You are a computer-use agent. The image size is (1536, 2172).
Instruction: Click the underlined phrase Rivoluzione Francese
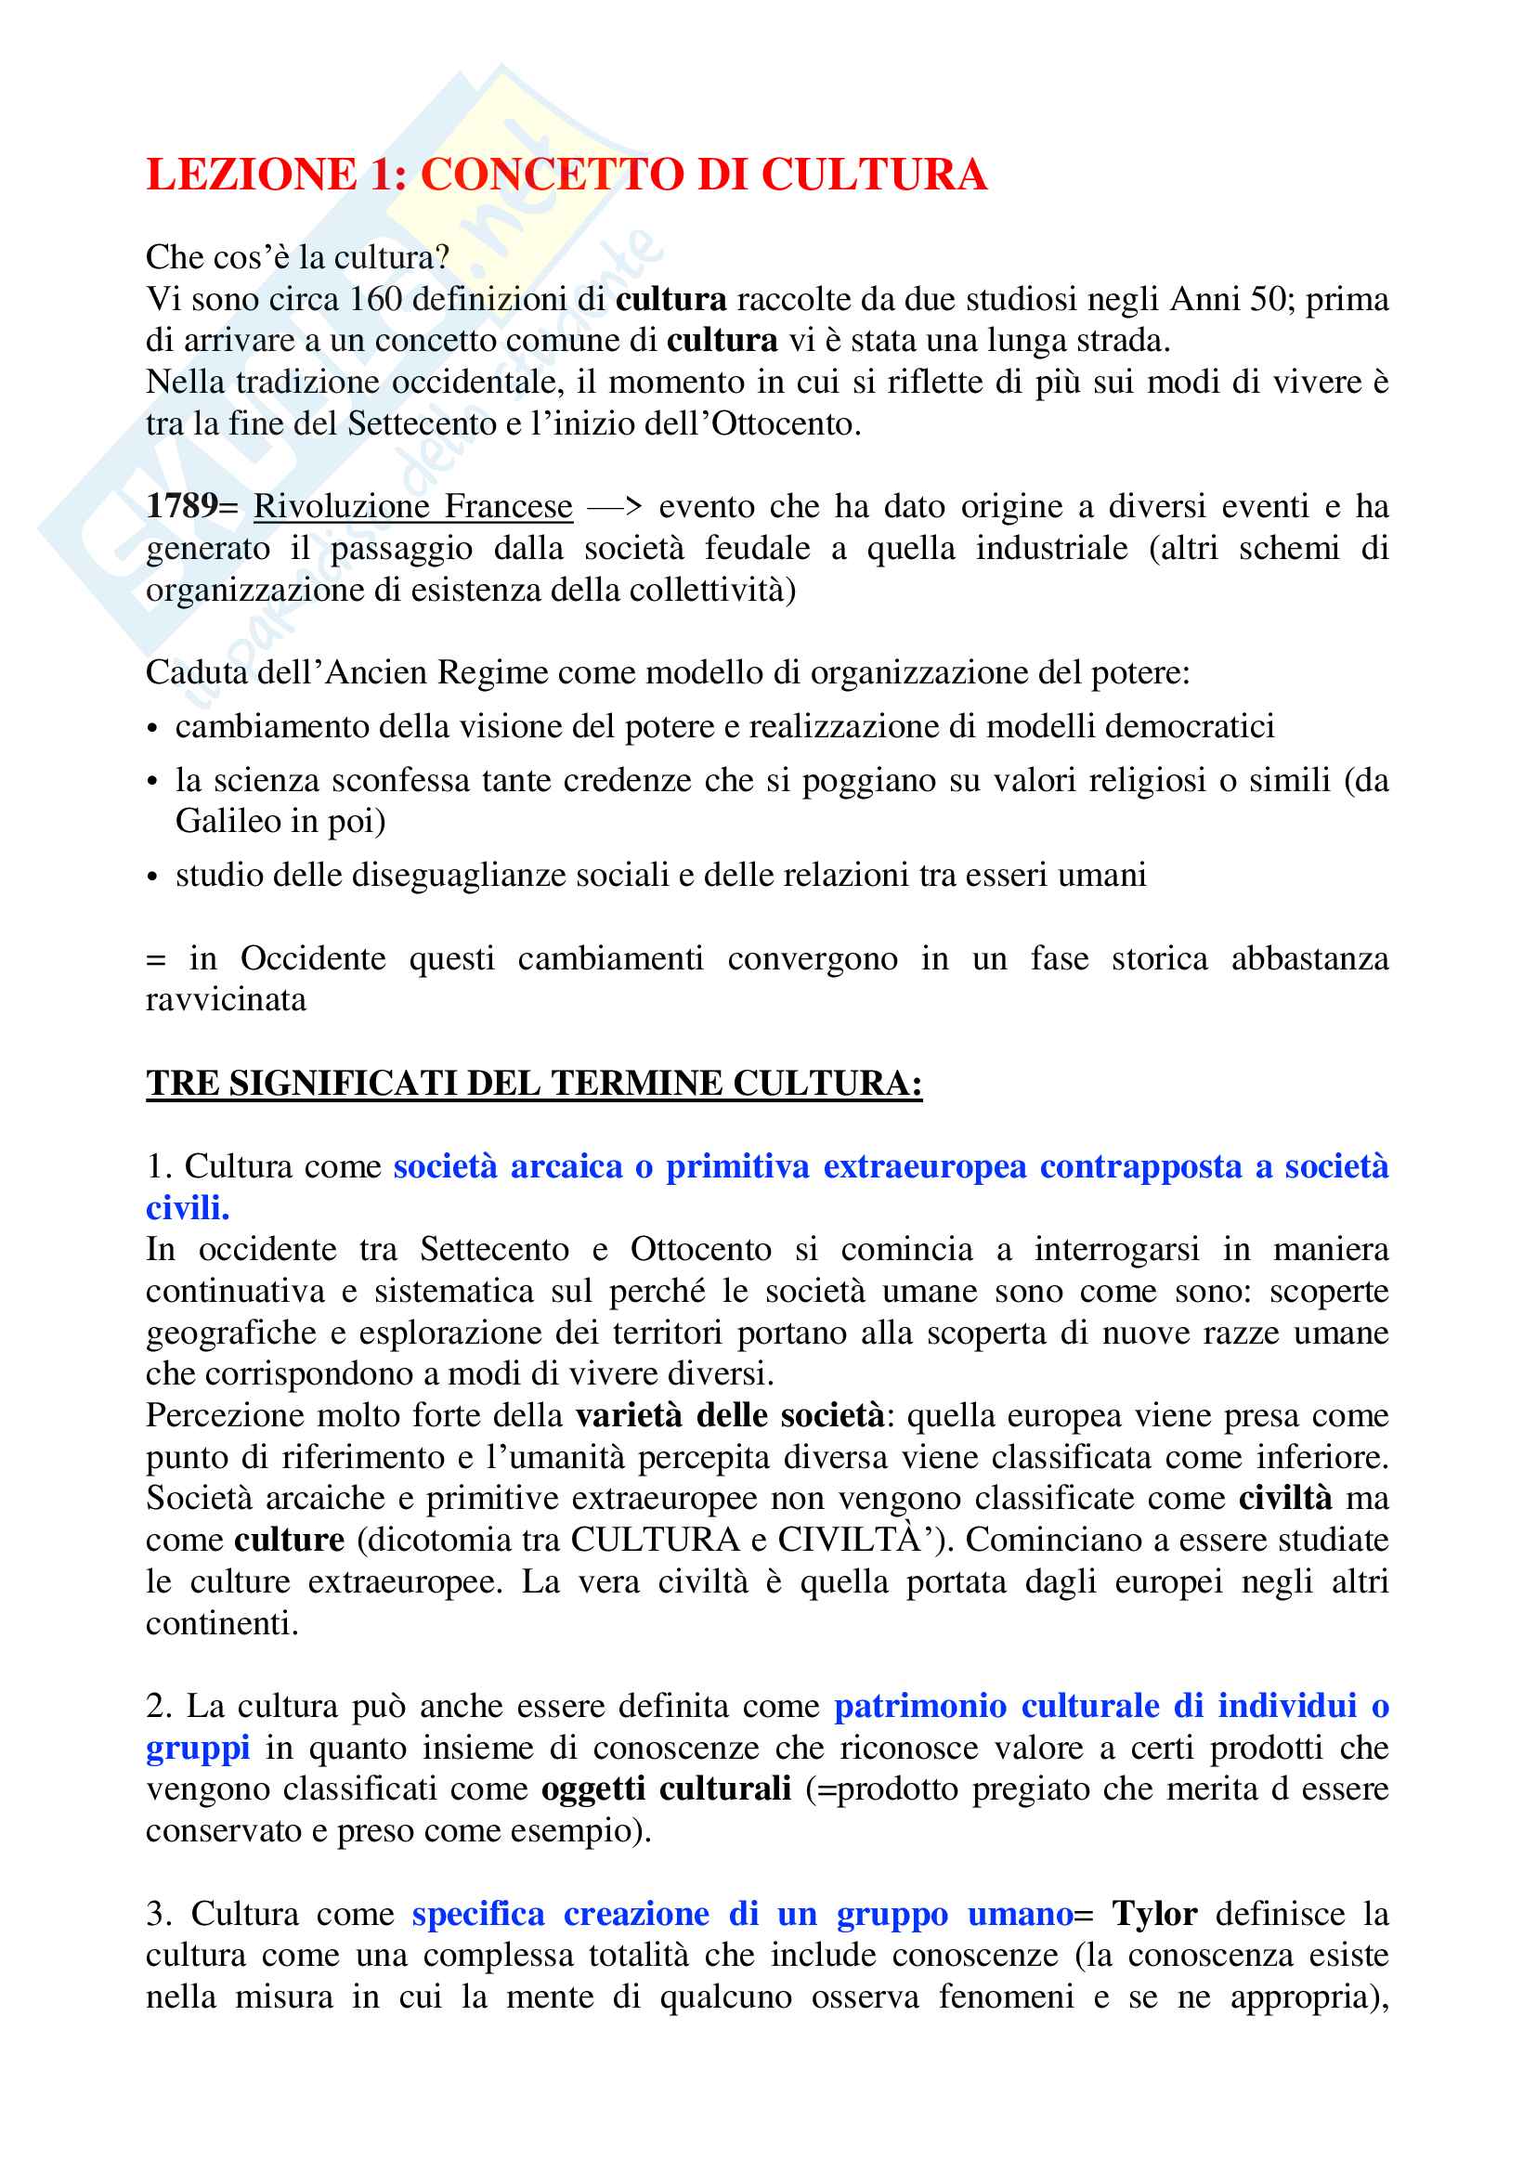(x=412, y=507)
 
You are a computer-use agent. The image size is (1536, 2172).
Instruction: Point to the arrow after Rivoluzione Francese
(x=615, y=508)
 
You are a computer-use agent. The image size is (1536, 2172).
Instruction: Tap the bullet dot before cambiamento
(x=152, y=729)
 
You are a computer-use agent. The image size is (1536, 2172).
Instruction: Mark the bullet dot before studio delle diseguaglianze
(x=152, y=878)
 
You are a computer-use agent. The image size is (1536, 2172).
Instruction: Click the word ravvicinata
(x=226, y=1000)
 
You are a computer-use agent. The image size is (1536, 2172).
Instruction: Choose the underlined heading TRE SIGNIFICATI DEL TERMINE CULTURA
(x=533, y=1083)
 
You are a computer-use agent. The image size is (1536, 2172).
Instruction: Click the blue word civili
(x=188, y=1208)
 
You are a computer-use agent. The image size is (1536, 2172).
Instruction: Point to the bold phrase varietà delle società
(x=729, y=1415)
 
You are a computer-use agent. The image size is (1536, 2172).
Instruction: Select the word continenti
(x=221, y=1623)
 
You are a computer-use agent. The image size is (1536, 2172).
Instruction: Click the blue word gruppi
(x=198, y=1749)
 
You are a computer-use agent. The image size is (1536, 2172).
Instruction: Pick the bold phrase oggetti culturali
(x=666, y=1788)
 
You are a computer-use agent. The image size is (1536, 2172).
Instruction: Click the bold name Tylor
(x=1154, y=1914)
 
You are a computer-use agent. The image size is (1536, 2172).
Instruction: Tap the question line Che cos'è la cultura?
(x=297, y=257)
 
